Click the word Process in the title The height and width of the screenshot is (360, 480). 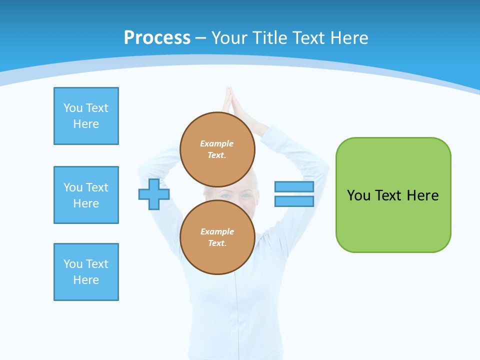157,38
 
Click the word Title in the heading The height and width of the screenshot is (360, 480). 269,38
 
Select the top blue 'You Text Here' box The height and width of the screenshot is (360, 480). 86,116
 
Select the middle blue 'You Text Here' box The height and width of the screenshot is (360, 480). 86,195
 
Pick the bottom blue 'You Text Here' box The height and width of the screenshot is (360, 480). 86,272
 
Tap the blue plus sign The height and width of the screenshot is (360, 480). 154,194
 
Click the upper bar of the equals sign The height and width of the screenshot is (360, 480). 294,187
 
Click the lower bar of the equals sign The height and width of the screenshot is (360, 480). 294,201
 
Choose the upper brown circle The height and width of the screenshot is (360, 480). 217,149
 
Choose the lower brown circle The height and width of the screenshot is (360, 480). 217,237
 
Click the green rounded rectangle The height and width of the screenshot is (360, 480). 393,220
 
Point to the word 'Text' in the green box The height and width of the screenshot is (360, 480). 388,195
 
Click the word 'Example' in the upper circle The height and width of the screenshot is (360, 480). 217,143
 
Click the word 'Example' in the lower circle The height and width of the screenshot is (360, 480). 217,231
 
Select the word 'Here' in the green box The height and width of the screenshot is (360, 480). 423,195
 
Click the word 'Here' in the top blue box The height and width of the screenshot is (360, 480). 86,124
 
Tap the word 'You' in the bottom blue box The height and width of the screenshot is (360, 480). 72,264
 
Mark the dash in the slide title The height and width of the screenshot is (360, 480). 201,38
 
